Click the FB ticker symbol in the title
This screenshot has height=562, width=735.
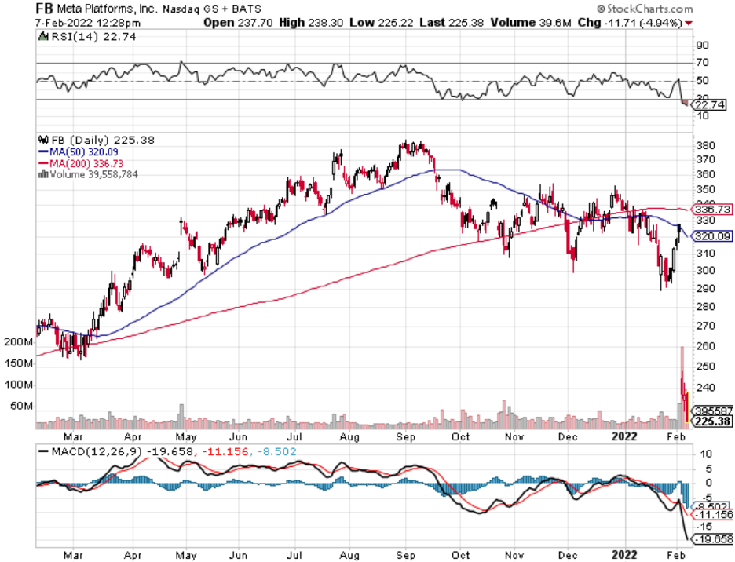pos(45,9)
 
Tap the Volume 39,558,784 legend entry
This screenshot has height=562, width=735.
pos(91,173)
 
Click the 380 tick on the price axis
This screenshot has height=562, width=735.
pos(704,145)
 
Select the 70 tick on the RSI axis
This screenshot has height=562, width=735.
pos(701,62)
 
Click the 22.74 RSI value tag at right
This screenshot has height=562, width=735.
pos(710,104)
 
